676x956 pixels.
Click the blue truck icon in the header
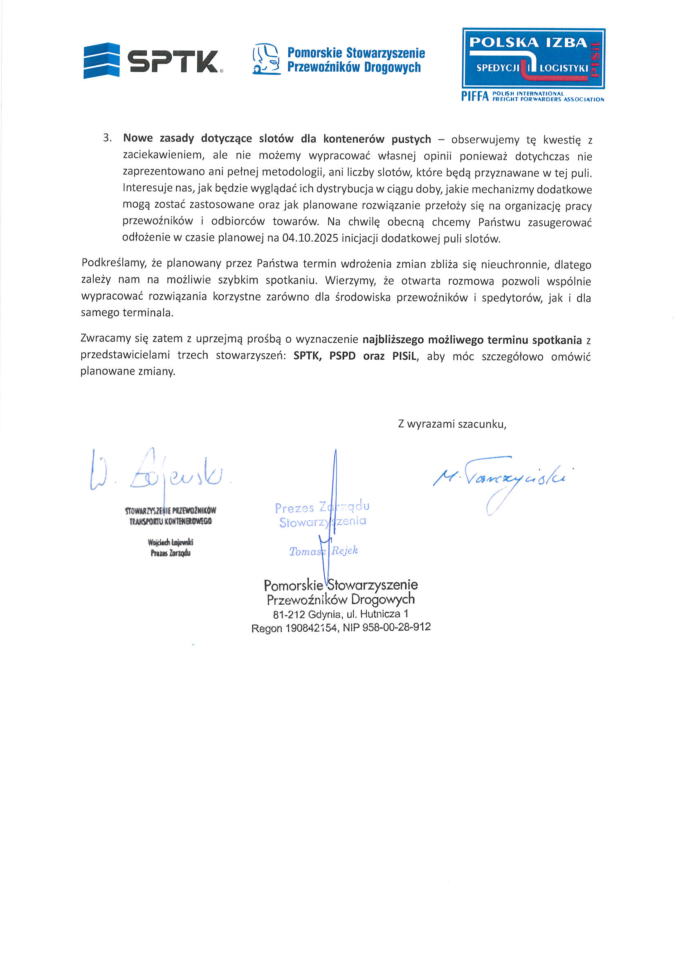pyautogui.click(x=266, y=59)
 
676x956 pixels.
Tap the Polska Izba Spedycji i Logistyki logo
pyautogui.click(x=533, y=58)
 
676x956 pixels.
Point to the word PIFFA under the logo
pyautogui.click(x=474, y=96)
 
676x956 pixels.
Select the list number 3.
pyautogui.click(x=107, y=138)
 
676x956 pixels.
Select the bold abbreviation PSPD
pyautogui.click(x=342, y=356)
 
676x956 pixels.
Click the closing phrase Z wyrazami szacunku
pyautogui.click(x=452, y=424)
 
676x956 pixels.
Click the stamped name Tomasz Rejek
pyautogui.click(x=323, y=551)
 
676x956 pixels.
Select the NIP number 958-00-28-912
pyautogui.click(x=396, y=627)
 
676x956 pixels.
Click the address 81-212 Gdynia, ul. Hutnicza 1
pyautogui.click(x=340, y=614)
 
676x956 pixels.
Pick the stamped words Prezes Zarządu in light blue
pyautogui.click(x=321, y=507)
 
